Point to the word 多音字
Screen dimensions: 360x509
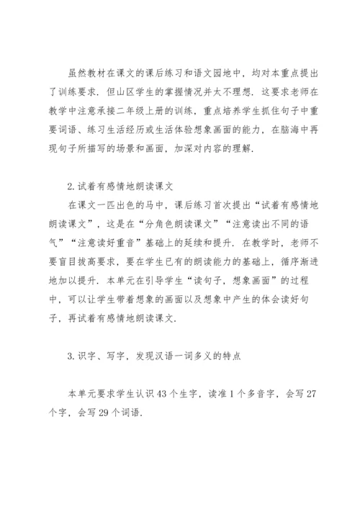click(262, 376)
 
